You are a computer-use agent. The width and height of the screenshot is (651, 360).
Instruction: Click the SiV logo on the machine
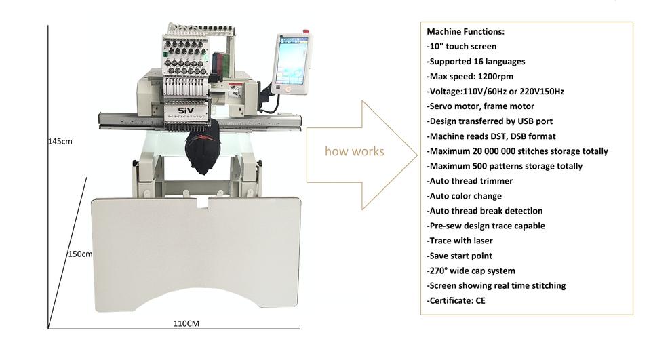(186, 111)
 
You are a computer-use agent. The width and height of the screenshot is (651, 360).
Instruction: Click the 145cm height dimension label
(60, 142)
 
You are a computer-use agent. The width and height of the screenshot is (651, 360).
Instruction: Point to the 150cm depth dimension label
(79, 254)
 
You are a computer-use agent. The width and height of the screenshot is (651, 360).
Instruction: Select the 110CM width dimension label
(185, 323)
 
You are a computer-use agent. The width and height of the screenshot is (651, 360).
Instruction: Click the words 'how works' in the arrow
(354, 151)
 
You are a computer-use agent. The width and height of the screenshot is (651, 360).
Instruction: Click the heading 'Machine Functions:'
(465, 32)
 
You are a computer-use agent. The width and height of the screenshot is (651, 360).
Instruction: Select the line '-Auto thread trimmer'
(469, 181)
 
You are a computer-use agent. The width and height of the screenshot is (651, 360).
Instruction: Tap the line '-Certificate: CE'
(456, 300)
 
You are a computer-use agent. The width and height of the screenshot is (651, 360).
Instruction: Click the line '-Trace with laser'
(460, 241)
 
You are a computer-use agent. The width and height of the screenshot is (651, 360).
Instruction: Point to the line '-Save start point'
(459, 256)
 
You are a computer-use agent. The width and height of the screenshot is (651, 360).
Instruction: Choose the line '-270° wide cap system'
(471, 271)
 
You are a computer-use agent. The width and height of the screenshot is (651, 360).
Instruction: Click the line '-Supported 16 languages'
(475, 62)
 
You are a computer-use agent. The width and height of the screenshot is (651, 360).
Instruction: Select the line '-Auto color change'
(466, 196)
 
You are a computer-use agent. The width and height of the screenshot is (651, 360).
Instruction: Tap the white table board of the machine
(196, 251)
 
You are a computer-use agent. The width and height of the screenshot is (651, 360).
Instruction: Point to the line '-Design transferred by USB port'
(490, 121)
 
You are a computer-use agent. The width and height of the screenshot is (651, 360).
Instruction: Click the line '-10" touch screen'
(461, 47)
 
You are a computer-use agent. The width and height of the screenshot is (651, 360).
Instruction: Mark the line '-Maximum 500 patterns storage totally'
(505, 166)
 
